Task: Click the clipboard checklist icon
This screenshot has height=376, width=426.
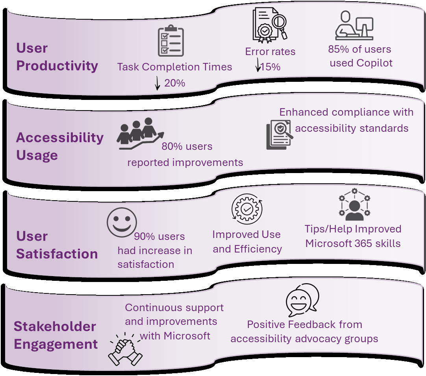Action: [x=171, y=41]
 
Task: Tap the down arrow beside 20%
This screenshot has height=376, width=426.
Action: [x=157, y=83]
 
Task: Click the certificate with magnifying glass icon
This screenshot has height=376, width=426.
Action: [x=270, y=25]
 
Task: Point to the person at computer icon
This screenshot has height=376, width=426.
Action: [x=354, y=25]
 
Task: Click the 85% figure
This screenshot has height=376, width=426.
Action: [x=339, y=49]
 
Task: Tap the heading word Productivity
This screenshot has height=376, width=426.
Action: [x=57, y=66]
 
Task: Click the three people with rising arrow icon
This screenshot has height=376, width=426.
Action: [x=140, y=133]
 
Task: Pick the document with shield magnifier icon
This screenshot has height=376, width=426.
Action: [x=280, y=135]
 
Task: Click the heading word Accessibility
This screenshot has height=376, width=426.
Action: [x=60, y=138]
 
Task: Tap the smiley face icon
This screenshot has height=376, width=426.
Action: [x=122, y=222]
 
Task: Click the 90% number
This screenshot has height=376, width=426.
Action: [x=144, y=236]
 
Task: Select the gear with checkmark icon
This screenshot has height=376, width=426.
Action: [x=247, y=209]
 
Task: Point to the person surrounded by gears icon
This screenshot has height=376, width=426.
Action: [x=355, y=205]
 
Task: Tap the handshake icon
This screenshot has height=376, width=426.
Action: [x=126, y=349]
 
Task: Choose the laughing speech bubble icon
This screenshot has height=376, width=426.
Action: [x=302, y=300]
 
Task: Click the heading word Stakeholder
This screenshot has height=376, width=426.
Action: [x=55, y=326]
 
